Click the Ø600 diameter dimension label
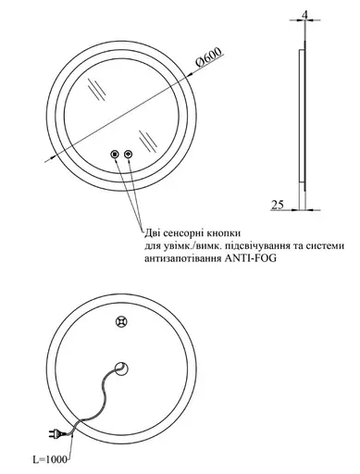pos(209,57)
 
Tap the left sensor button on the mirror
pos(115,154)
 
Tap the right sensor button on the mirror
pos(129,154)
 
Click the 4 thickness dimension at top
pos(305,14)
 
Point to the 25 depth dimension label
pos(278,205)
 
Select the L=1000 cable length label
pos(50,460)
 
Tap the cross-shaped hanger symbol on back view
pos(122,322)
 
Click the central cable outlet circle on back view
pos(121,368)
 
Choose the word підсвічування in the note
pos(258,245)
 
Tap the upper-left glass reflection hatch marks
pos(97,89)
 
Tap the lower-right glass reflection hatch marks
pos(148,142)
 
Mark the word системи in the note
pos(326,245)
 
